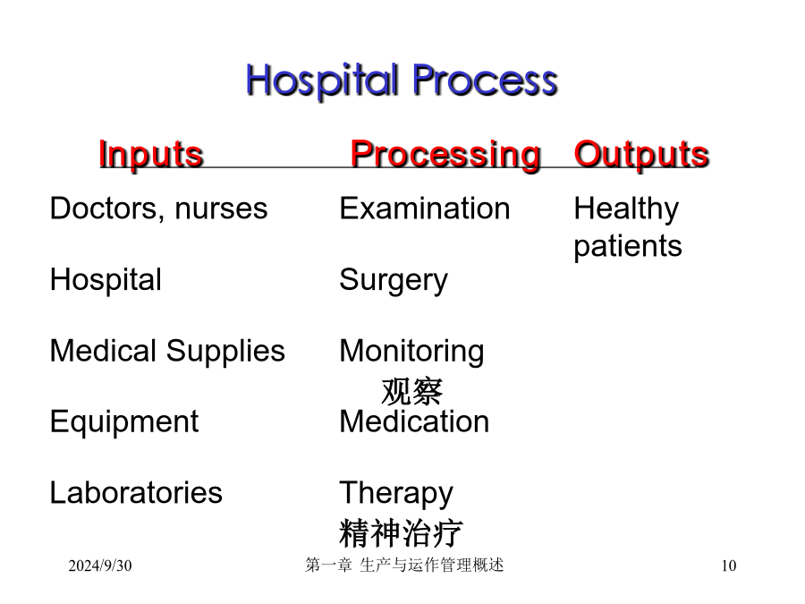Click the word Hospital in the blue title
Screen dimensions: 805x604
click(x=322, y=81)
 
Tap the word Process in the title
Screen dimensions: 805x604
click(x=485, y=81)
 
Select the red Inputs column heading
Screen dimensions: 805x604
click(x=151, y=154)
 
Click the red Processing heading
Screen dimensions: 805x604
click(x=445, y=154)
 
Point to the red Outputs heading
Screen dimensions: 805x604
click(x=641, y=154)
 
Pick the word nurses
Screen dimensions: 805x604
click(x=221, y=209)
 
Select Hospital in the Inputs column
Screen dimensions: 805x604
click(x=106, y=280)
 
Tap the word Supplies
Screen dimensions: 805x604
click(x=225, y=352)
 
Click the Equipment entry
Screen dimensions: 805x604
click(x=124, y=422)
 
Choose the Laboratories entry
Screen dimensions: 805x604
click(x=136, y=492)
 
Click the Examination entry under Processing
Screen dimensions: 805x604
click(x=425, y=208)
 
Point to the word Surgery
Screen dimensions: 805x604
click(x=394, y=281)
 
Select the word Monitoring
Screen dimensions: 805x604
click(x=411, y=352)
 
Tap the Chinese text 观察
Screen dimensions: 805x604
click(x=411, y=391)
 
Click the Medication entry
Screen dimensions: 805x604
click(x=414, y=421)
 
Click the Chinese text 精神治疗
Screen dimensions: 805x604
click(x=401, y=533)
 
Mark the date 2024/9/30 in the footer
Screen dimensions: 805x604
click(x=100, y=566)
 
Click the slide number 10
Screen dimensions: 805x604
click(x=728, y=566)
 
